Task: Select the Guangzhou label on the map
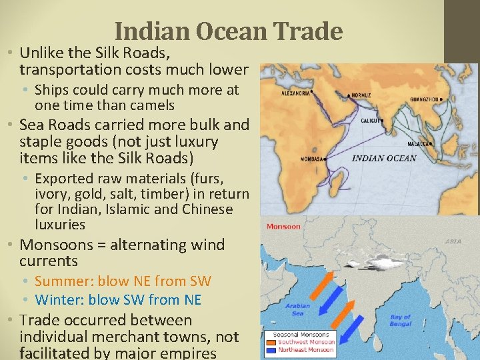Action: (425, 99)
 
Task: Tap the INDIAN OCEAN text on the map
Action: (383, 159)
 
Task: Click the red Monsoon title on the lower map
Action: (283, 227)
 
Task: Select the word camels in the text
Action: (151, 105)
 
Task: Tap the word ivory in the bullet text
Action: (52, 194)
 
